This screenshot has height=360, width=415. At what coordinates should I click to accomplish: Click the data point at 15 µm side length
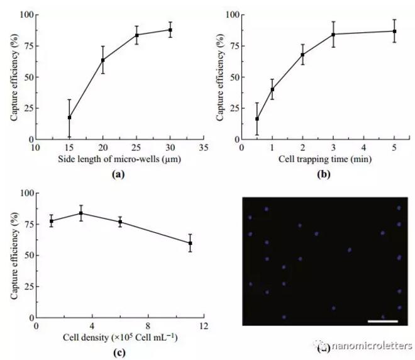pos(69,118)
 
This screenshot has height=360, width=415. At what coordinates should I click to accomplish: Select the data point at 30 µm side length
pos(170,30)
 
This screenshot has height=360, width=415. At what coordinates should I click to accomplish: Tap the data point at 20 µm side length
pos(103,60)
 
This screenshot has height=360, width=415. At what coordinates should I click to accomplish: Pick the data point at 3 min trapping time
pos(333,34)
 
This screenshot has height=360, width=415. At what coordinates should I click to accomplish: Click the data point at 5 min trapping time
pos(394,31)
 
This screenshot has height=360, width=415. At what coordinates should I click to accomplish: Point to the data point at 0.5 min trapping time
pos(257,119)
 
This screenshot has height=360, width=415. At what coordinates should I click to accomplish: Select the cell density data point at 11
pos(190,243)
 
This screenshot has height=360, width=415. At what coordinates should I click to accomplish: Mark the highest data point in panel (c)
pos(80,213)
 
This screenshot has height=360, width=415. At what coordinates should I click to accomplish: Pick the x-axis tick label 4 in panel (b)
pos(364,149)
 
